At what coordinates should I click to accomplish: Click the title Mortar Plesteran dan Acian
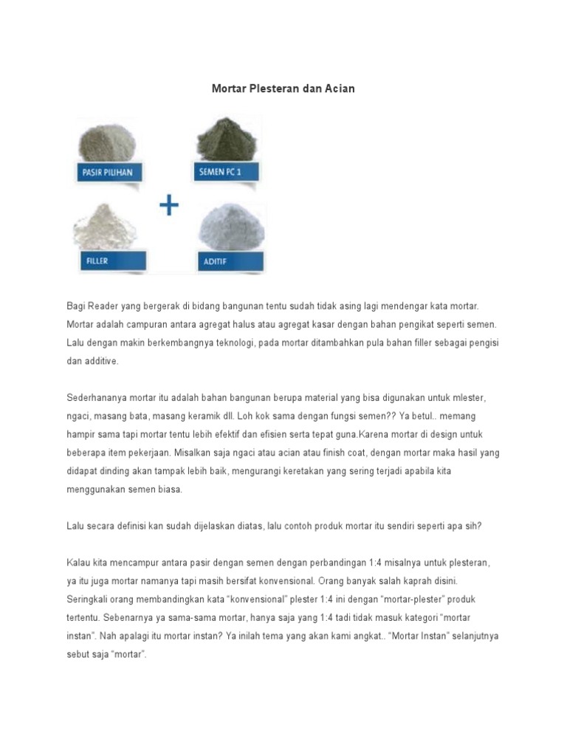click(283, 89)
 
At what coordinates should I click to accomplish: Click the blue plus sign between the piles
click(169, 206)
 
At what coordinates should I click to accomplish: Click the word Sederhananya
click(98, 397)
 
